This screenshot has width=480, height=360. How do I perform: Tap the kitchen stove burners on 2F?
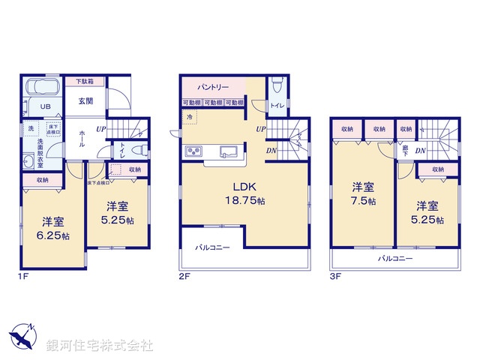coord(194,153)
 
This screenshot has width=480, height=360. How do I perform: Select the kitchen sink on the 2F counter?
coord(227,152)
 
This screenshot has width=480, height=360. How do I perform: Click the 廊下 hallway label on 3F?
coord(405,150)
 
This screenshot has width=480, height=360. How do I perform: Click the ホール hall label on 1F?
coord(81,139)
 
